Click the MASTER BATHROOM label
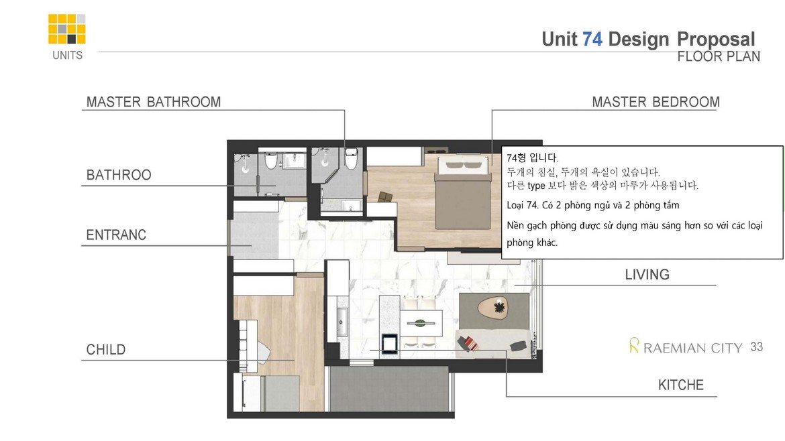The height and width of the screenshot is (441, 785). tap(154, 102)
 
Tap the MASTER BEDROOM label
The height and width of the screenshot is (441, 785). tap(656, 102)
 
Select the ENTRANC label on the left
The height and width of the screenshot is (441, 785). tap(116, 235)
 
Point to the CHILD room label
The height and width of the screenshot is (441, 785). tap(106, 349)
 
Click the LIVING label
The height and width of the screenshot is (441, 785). tap(647, 274)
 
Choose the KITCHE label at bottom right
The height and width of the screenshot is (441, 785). tap(680, 385)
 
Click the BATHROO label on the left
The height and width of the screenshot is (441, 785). tap(119, 175)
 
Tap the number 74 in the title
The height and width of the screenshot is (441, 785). tap(592, 39)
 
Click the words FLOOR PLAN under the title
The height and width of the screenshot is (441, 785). tap(719, 56)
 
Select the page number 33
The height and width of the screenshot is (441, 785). tap(757, 346)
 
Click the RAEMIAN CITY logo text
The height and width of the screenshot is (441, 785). tap(692, 348)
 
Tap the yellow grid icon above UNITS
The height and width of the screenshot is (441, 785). tap(67, 29)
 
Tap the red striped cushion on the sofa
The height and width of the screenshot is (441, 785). tap(468, 343)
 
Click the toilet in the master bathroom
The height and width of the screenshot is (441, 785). tap(350, 159)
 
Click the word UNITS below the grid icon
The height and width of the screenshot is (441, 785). tap(67, 55)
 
